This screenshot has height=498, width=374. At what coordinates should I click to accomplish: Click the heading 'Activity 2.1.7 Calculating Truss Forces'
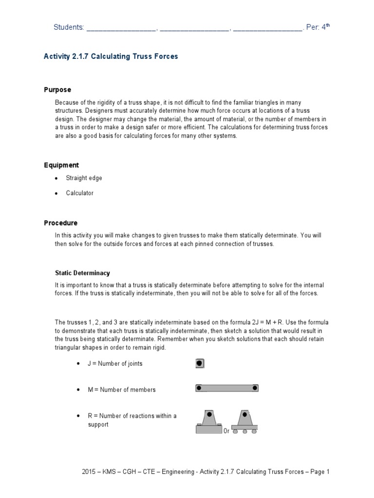111,56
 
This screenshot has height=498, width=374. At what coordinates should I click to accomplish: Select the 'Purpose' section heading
57,90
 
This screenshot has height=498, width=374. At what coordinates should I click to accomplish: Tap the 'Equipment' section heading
61,165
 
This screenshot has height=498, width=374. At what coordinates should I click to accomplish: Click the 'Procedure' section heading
61,223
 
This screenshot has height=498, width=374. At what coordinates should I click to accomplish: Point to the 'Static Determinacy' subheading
82,273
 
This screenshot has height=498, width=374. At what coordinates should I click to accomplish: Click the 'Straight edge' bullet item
84,178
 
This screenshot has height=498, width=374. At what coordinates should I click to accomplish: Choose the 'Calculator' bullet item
80,193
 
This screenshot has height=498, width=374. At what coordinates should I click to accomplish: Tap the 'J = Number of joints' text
105,364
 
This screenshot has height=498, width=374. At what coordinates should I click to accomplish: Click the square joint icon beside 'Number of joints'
199,363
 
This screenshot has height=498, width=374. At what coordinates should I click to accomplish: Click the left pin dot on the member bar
199,388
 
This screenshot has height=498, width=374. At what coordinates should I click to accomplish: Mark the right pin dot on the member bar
255,388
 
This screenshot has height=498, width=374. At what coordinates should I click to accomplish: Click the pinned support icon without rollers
209,421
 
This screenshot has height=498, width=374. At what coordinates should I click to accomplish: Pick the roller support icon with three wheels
244,421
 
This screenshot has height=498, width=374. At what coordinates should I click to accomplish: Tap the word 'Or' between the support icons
226,431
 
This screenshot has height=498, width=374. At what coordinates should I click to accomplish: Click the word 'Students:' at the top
68,28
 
